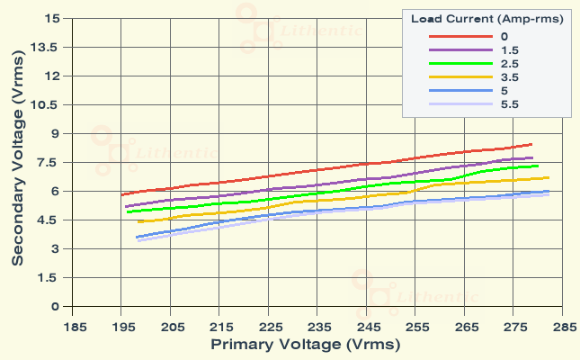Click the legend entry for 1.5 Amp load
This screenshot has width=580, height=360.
pyautogui.click(x=509, y=50)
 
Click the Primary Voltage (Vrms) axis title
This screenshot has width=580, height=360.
pyautogui.click(x=306, y=344)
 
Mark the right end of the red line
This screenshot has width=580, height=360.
pyautogui.click(x=531, y=144)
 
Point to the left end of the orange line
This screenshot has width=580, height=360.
pyautogui.click(x=138, y=221)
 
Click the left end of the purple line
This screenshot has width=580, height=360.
pyautogui.click(x=126, y=206)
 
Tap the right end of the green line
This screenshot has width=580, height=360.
pyautogui.click(x=538, y=166)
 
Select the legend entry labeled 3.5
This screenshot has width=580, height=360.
pyautogui.click(x=509, y=77)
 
